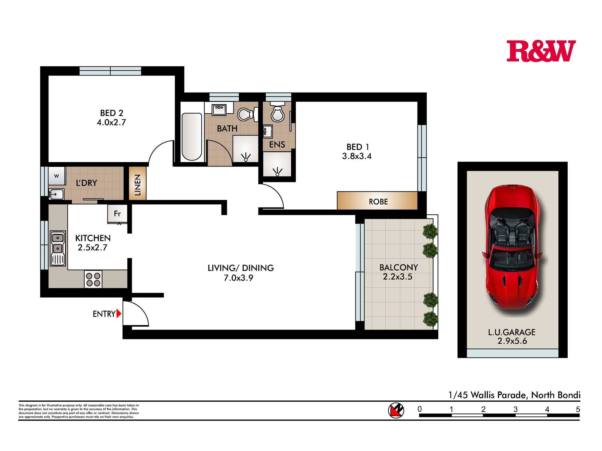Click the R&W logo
coord(541,51)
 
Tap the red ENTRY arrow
coord(119,314)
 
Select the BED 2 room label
coord(112,113)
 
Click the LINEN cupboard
coord(138,183)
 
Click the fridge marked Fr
coord(117,214)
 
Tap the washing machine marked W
coord(57,176)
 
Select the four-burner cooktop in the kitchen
coord(93,279)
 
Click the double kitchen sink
coord(58,248)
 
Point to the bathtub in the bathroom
coord(192,137)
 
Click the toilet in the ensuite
coord(277,112)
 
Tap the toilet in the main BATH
coord(248,114)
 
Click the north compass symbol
coord(396,410)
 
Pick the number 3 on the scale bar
coord(515,409)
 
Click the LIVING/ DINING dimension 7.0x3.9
coord(238,278)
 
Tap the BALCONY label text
coord(399,267)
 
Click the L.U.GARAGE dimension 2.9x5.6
coord(512,341)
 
